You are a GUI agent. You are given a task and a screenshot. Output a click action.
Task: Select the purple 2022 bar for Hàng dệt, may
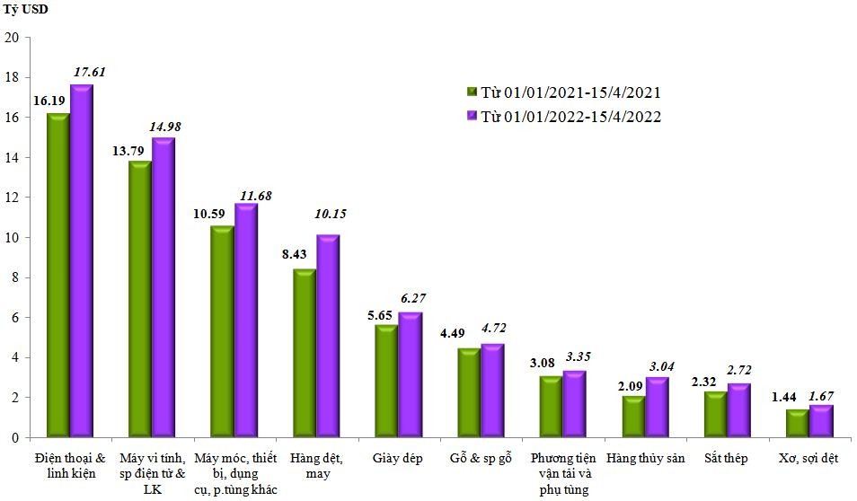click(x=328, y=336)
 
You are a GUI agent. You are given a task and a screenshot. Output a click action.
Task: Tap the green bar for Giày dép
click(x=385, y=381)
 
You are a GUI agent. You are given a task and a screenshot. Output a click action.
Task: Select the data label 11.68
click(x=253, y=194)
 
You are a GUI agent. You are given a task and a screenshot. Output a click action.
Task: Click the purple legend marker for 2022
click(x=471, y=117)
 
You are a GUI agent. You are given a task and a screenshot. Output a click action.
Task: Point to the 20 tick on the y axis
click(x=12, y=38)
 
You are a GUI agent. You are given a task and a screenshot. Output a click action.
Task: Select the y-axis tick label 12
click(x=12, y=198)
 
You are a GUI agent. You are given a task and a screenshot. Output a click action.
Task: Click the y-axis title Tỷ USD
click(x=25, y=10)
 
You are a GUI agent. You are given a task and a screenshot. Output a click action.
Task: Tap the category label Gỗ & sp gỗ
click(x=480, y=459)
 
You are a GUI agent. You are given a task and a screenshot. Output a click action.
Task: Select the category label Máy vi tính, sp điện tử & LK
click(x=152, y=473)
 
